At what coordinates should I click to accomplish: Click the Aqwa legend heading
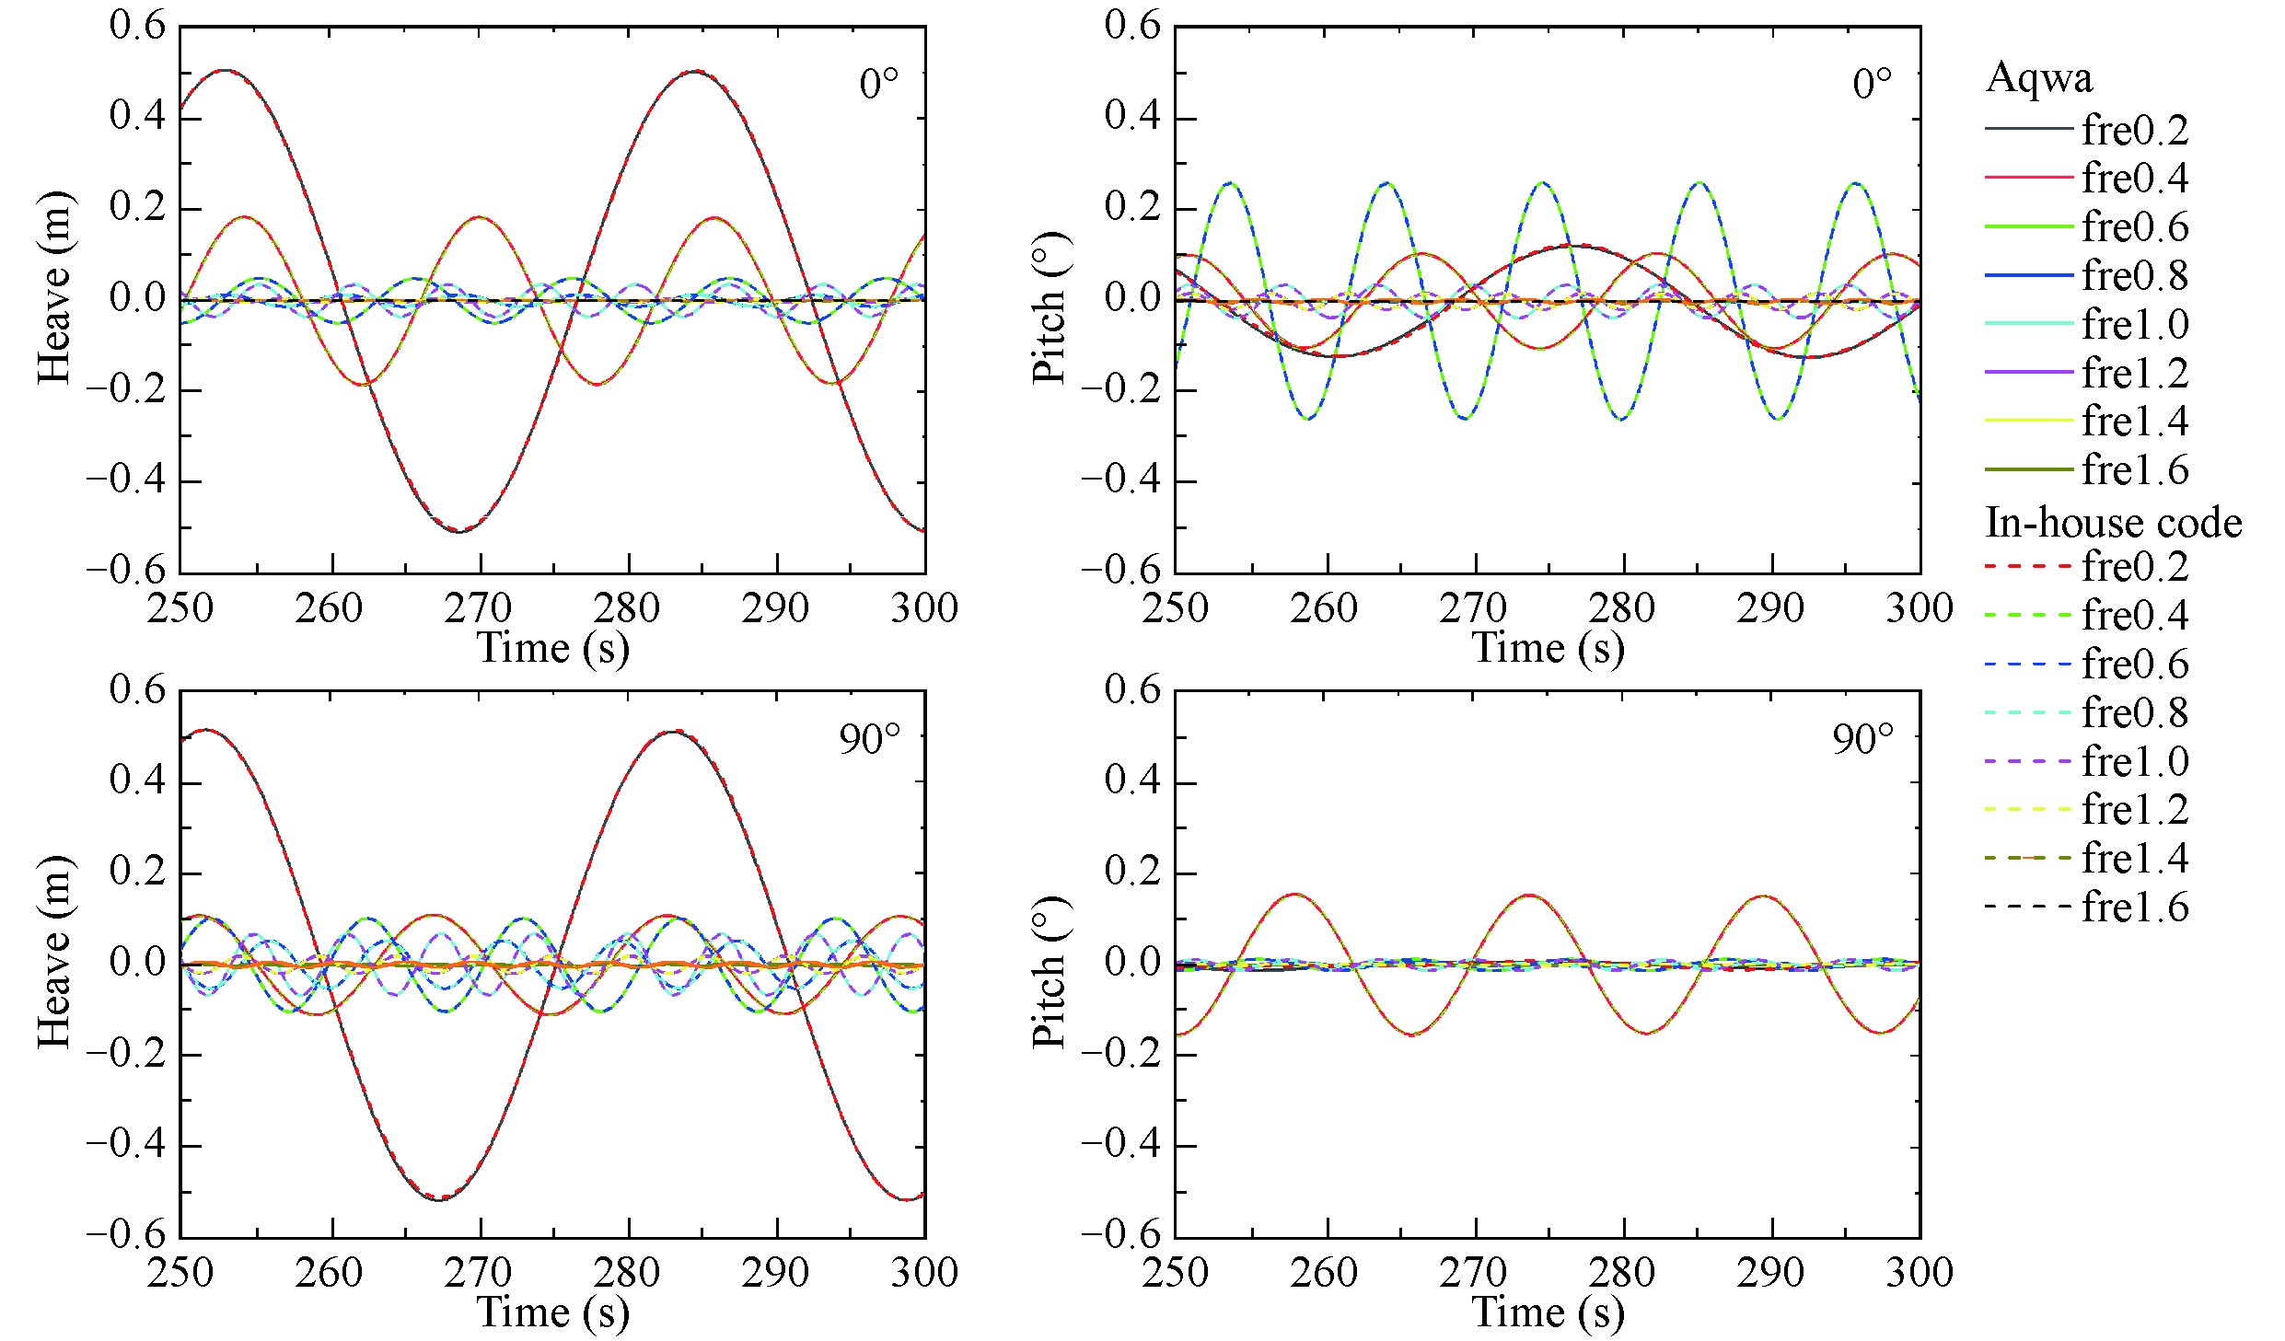click(2039, 77)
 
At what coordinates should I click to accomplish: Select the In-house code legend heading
click(2114, 523)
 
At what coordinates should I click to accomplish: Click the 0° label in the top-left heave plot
click(878, 85)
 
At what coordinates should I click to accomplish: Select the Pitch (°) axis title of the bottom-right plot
click(1050, 971)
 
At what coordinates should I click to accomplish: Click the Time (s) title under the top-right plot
click(1548, 647)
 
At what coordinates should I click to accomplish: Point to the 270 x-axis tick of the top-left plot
click(479, 608)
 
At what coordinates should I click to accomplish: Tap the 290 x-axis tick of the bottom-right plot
click(1770, 1272)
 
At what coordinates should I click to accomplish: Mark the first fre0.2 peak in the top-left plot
click(225, 70)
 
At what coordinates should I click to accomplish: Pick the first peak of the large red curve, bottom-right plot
click(1295, 894)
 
